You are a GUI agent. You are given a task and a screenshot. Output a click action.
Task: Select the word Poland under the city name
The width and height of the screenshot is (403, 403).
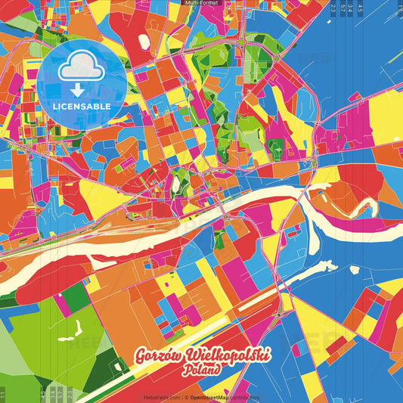point(201,371)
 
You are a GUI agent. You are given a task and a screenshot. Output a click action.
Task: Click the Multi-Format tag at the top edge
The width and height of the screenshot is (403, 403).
point(201,3)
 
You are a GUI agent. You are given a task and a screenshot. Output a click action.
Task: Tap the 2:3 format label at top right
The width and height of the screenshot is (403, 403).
point(333,9)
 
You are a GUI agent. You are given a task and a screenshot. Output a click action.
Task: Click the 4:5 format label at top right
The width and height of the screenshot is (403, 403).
point(360,9)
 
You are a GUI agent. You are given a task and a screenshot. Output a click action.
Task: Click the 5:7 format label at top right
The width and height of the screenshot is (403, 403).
point(344,9)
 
